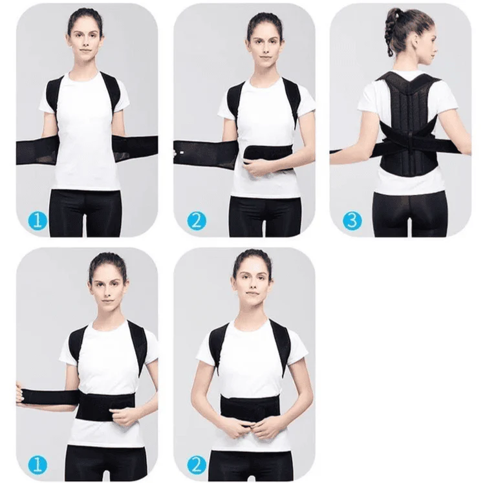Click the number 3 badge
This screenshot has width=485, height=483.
click(352, 219)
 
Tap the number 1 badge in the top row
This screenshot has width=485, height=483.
click(39, 220)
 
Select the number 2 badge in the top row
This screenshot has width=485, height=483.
click(196, 220)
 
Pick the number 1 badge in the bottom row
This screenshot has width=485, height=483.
click(39, 464)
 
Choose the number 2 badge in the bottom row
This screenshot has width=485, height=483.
click(197, 464)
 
